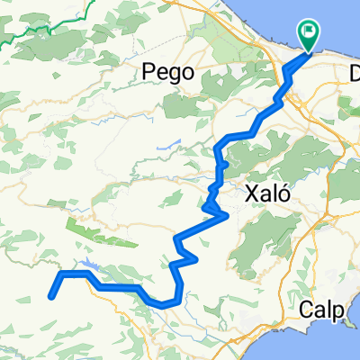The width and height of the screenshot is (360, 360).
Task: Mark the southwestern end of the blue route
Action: pos(50,295)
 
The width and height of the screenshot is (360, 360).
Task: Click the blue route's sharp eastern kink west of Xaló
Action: pos(225,214)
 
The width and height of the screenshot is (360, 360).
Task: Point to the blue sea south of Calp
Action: pos(333,346)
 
